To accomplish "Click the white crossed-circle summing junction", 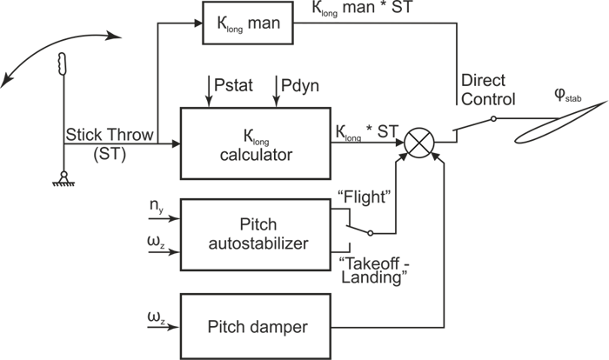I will click(419, 141).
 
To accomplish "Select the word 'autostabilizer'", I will click(258, 245).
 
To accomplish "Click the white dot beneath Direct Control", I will click(493, 118).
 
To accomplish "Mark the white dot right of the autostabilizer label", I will click(370, 233).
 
